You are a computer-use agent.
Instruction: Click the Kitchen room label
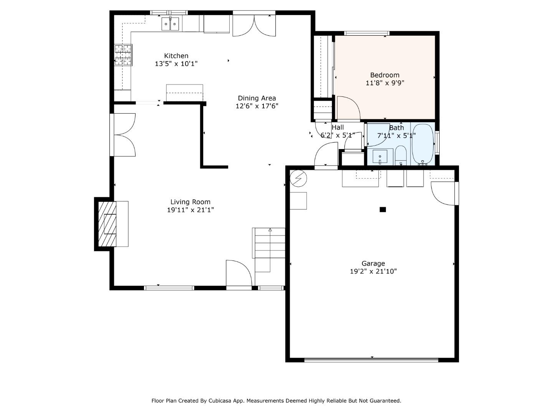point(176,56)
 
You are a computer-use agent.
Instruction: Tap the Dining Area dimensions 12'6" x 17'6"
point(257,106)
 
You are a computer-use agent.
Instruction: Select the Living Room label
point(190,202)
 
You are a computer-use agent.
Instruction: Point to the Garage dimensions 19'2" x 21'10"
point(373,271)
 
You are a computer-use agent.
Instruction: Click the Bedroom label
point(385,75)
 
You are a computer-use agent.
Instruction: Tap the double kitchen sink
point(170,24)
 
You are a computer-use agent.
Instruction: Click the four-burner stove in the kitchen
point(123,55)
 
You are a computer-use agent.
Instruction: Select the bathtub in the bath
point(423,144)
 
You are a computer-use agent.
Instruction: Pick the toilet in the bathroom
point(401,155)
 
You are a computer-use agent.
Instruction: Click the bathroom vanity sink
point(380,156)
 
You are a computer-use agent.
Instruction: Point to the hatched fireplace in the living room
point(107,224)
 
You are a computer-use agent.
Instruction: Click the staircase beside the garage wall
point(269,250)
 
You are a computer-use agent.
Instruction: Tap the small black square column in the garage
point(383,209)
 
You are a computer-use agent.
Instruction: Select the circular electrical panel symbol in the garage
point(298,178)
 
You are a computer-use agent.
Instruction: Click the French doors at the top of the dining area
point(254,25)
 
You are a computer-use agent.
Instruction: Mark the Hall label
point(338,127)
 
